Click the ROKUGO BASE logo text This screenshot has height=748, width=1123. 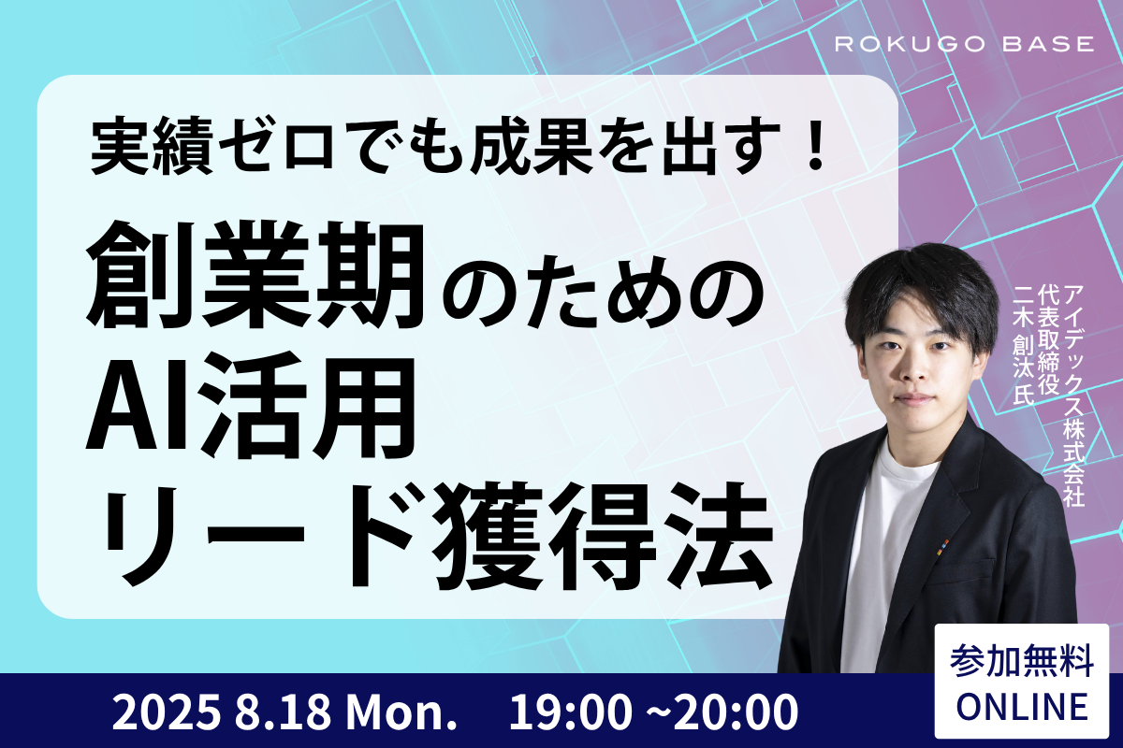click(964, 44)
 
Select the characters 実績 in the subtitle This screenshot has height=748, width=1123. click(152, 146)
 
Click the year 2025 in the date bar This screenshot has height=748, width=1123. click(166, 712)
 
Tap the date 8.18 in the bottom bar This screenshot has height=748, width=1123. click(284, 712)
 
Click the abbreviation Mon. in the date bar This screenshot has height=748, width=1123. click(401, 712)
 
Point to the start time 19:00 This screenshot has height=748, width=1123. click(569, 712)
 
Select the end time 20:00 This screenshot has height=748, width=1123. click(736, 712)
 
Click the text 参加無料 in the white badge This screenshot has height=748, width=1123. click(1022, 661)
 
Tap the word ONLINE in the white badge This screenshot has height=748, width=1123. click(1022, 707)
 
